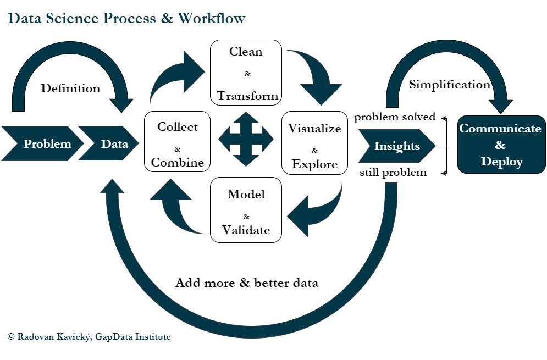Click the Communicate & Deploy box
coord(500,145)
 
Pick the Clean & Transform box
coord(246,74)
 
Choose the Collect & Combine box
coord(177,145)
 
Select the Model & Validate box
coord(246,211)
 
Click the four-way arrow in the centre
coord(246,139)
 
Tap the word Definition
coord(70,88)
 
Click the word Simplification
coord(450,85)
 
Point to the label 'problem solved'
coord(395,117)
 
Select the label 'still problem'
coord(393,173)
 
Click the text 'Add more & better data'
coord(247,283)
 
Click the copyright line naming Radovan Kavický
coord(89,336)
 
